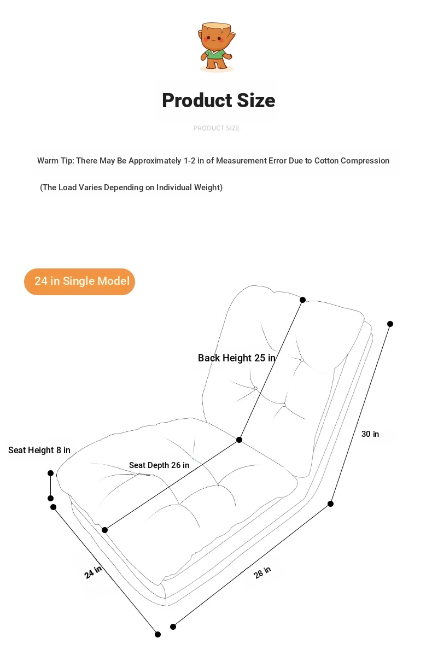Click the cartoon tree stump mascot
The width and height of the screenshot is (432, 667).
click(217, 47)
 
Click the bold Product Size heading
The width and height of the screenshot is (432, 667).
click(218, 101)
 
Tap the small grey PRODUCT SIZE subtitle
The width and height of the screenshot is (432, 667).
click(217, 128)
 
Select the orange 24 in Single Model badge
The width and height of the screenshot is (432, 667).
click(79, 282)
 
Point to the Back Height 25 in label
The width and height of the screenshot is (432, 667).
click(237, 358)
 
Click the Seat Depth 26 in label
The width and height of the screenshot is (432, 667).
click(159, 465)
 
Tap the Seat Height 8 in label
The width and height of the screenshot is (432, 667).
click(39, 450)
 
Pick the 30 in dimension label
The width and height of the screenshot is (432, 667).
click(370, 434)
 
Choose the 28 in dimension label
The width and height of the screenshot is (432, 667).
click(262, 572)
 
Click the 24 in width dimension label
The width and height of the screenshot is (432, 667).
click(93, 572)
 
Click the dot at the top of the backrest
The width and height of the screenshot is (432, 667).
click(303, 300)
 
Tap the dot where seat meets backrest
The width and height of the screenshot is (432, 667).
click(239, 440)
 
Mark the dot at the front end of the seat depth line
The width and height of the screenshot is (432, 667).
click(104, 530)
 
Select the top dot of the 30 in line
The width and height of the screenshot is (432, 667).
click(390, 324)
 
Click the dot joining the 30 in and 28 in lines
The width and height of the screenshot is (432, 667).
click(330, 504)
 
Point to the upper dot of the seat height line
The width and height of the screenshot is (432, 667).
click(51, 473)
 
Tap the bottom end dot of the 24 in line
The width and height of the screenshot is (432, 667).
click(158, 635)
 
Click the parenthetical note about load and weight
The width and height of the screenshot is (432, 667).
click(131, 188)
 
